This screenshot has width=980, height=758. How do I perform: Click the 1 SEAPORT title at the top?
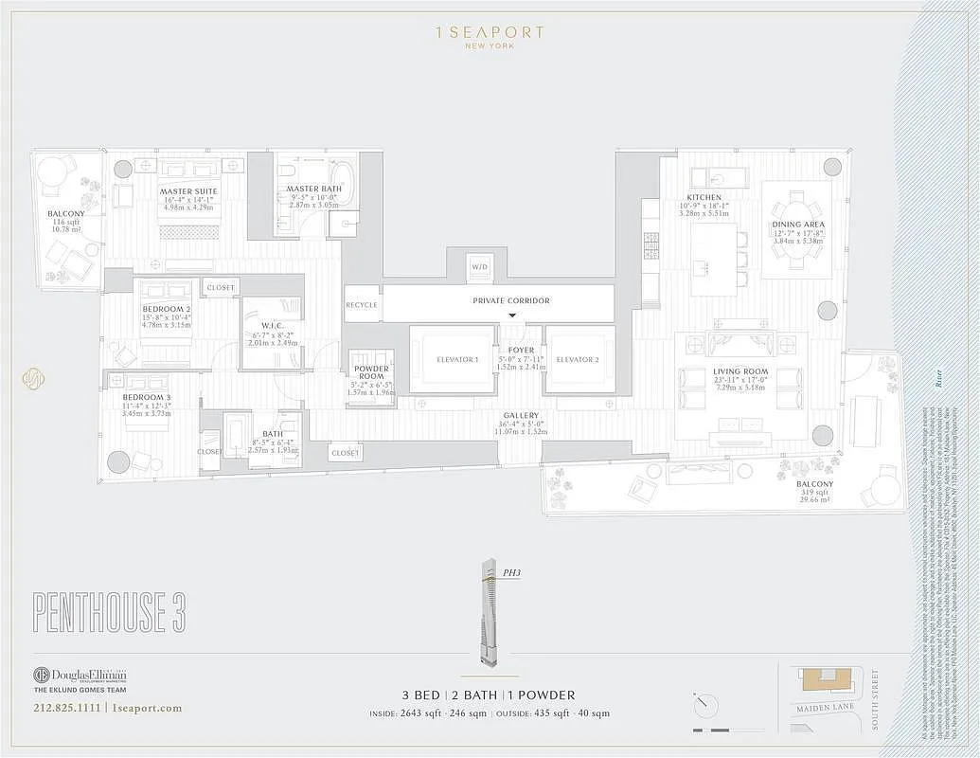(490, 32)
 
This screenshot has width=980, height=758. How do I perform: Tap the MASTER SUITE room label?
(188, 191)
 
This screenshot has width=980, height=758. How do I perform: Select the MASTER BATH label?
(313, 189)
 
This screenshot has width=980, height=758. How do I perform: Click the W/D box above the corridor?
(480, 268)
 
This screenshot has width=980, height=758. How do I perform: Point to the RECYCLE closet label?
(361, 305)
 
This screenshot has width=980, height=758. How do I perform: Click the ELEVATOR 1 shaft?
(452, 359)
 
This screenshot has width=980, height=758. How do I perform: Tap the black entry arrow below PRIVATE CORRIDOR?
(512, 316)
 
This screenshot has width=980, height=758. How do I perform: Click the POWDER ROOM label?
(370, 372)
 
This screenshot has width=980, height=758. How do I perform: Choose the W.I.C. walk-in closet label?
(274, 325)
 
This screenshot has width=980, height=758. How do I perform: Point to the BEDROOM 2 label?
(166, 309)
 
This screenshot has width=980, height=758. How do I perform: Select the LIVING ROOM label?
(740, 371)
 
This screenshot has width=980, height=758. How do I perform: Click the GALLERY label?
(521, 416)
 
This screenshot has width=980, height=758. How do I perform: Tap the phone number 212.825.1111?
(67, 708)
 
